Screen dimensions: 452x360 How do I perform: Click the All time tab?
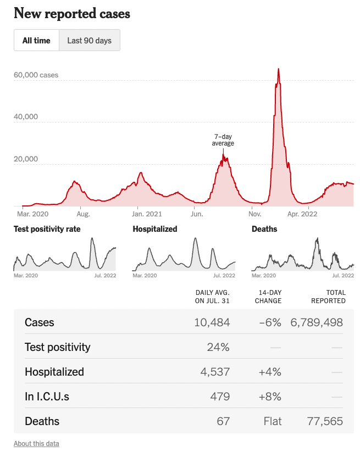click(x=36, y=41)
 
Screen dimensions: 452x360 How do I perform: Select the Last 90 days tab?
click(x=89, y=41)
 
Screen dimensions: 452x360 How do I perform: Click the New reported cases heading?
click(x=72, y=13)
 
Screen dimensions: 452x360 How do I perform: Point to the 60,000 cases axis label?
click(x=36, y=75)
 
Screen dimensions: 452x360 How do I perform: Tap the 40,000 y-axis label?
click(x=26, y=117)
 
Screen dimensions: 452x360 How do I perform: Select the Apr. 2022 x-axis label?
click(x=303, y=214)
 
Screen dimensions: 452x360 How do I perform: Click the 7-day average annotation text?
click(x=223, y=139)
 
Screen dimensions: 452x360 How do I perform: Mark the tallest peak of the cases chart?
click(x=279, y=70)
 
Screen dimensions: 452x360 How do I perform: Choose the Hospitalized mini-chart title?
click(x=155, y=229)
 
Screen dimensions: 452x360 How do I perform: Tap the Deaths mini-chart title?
click(x=264, y=229)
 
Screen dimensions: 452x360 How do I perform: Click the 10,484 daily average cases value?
click(x=212, y=322)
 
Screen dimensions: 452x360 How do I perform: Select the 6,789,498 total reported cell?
click(x=316, y=322)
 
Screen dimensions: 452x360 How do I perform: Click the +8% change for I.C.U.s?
click(x=270, y=397)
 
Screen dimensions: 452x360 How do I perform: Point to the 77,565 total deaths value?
click(x=324, y=421)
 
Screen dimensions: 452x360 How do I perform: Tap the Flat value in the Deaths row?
click(x=272, y=421)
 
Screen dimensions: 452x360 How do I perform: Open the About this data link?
click(x=36, y=443)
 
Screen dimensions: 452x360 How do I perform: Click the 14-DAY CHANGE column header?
click(x=268, y=297)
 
